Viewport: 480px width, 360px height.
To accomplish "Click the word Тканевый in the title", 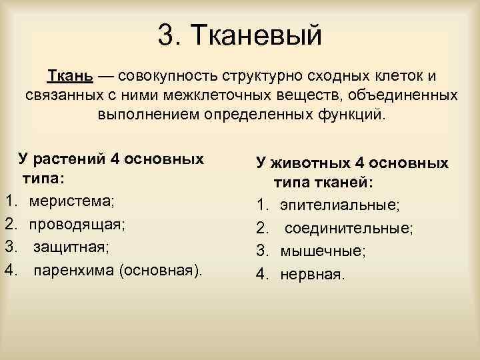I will tap(257, 35).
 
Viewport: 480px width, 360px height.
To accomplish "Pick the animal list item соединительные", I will tap(349, 228).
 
